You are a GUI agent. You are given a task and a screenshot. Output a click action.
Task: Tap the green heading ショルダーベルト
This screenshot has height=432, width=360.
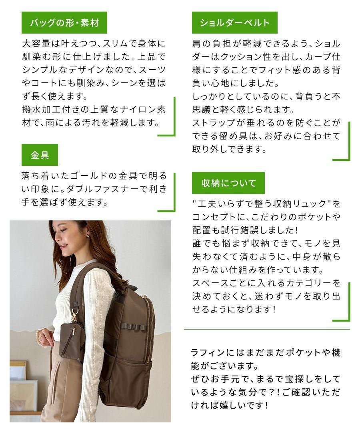(234, 23)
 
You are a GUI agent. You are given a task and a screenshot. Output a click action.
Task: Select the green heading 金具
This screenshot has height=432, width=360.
(40, 155)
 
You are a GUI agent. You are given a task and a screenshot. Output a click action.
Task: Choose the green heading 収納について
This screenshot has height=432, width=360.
(228, 183)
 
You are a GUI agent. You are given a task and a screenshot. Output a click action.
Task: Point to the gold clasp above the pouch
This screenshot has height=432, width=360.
(74, 316)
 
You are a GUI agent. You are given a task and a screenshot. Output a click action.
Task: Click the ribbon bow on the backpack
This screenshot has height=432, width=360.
(134, 326)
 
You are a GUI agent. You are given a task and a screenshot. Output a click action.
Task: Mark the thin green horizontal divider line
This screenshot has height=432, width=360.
(267, 329)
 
